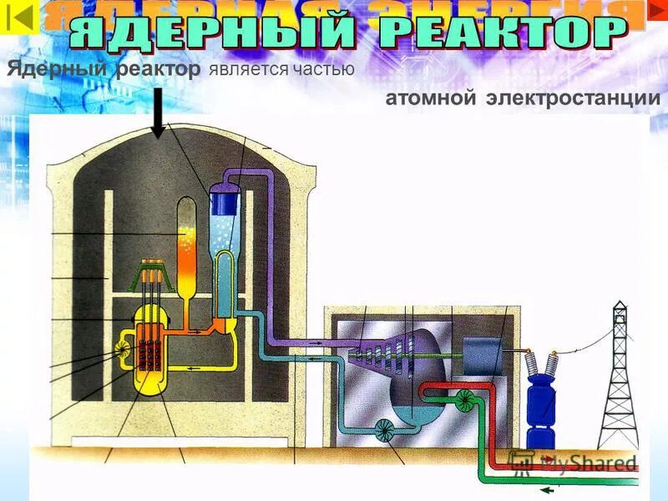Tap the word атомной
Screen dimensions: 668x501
[x=431, y=99]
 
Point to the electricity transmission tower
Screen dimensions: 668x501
[x=620, y=376]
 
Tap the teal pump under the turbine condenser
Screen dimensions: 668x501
[x=387, y=430]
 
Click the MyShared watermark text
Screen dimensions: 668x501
[x=576, y=463]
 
